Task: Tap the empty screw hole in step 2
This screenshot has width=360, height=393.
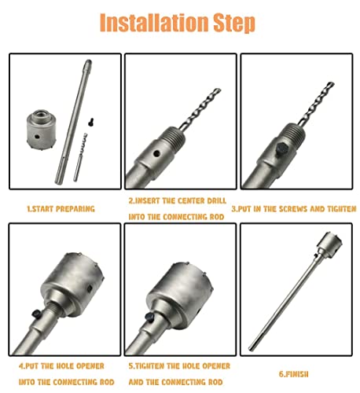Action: coord(155,145)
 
